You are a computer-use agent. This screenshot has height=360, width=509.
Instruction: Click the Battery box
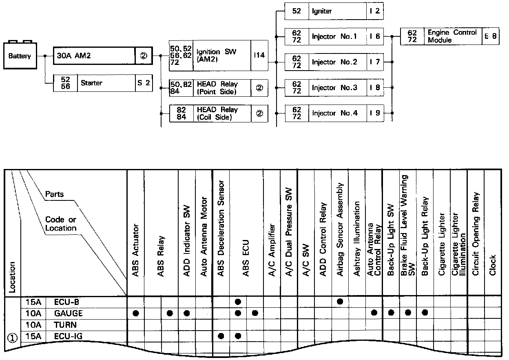(x=20, y=56)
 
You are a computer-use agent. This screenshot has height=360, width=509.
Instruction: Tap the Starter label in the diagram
(x=91, y=83)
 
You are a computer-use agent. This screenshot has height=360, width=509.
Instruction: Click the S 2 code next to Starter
(x=144, y=83)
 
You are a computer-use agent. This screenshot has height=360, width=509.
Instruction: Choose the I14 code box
(x=259, y=56)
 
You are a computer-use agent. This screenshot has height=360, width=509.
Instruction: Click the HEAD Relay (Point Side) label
(x=217, y=88)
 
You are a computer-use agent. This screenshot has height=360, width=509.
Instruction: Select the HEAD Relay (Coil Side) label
(x=217, y=113)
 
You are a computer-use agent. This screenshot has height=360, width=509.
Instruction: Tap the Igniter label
(x=322, y=11)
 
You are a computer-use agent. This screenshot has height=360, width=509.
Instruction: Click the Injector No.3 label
(x=334, y=88)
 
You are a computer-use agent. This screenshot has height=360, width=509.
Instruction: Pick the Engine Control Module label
(x=452, y=36)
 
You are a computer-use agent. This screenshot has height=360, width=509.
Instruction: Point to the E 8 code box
(x=491, y=36)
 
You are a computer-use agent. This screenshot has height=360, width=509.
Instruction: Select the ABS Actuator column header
(x=136, y=251)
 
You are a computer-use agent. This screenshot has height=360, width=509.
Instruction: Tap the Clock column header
(x=493, y=265)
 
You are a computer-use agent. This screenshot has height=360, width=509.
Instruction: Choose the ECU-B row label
(x=66, y=302)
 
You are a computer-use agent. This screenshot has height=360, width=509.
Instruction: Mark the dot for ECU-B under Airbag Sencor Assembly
(x=340, y=302)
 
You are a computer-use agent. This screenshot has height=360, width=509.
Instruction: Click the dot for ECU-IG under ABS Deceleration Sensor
(x=221, y=336)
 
